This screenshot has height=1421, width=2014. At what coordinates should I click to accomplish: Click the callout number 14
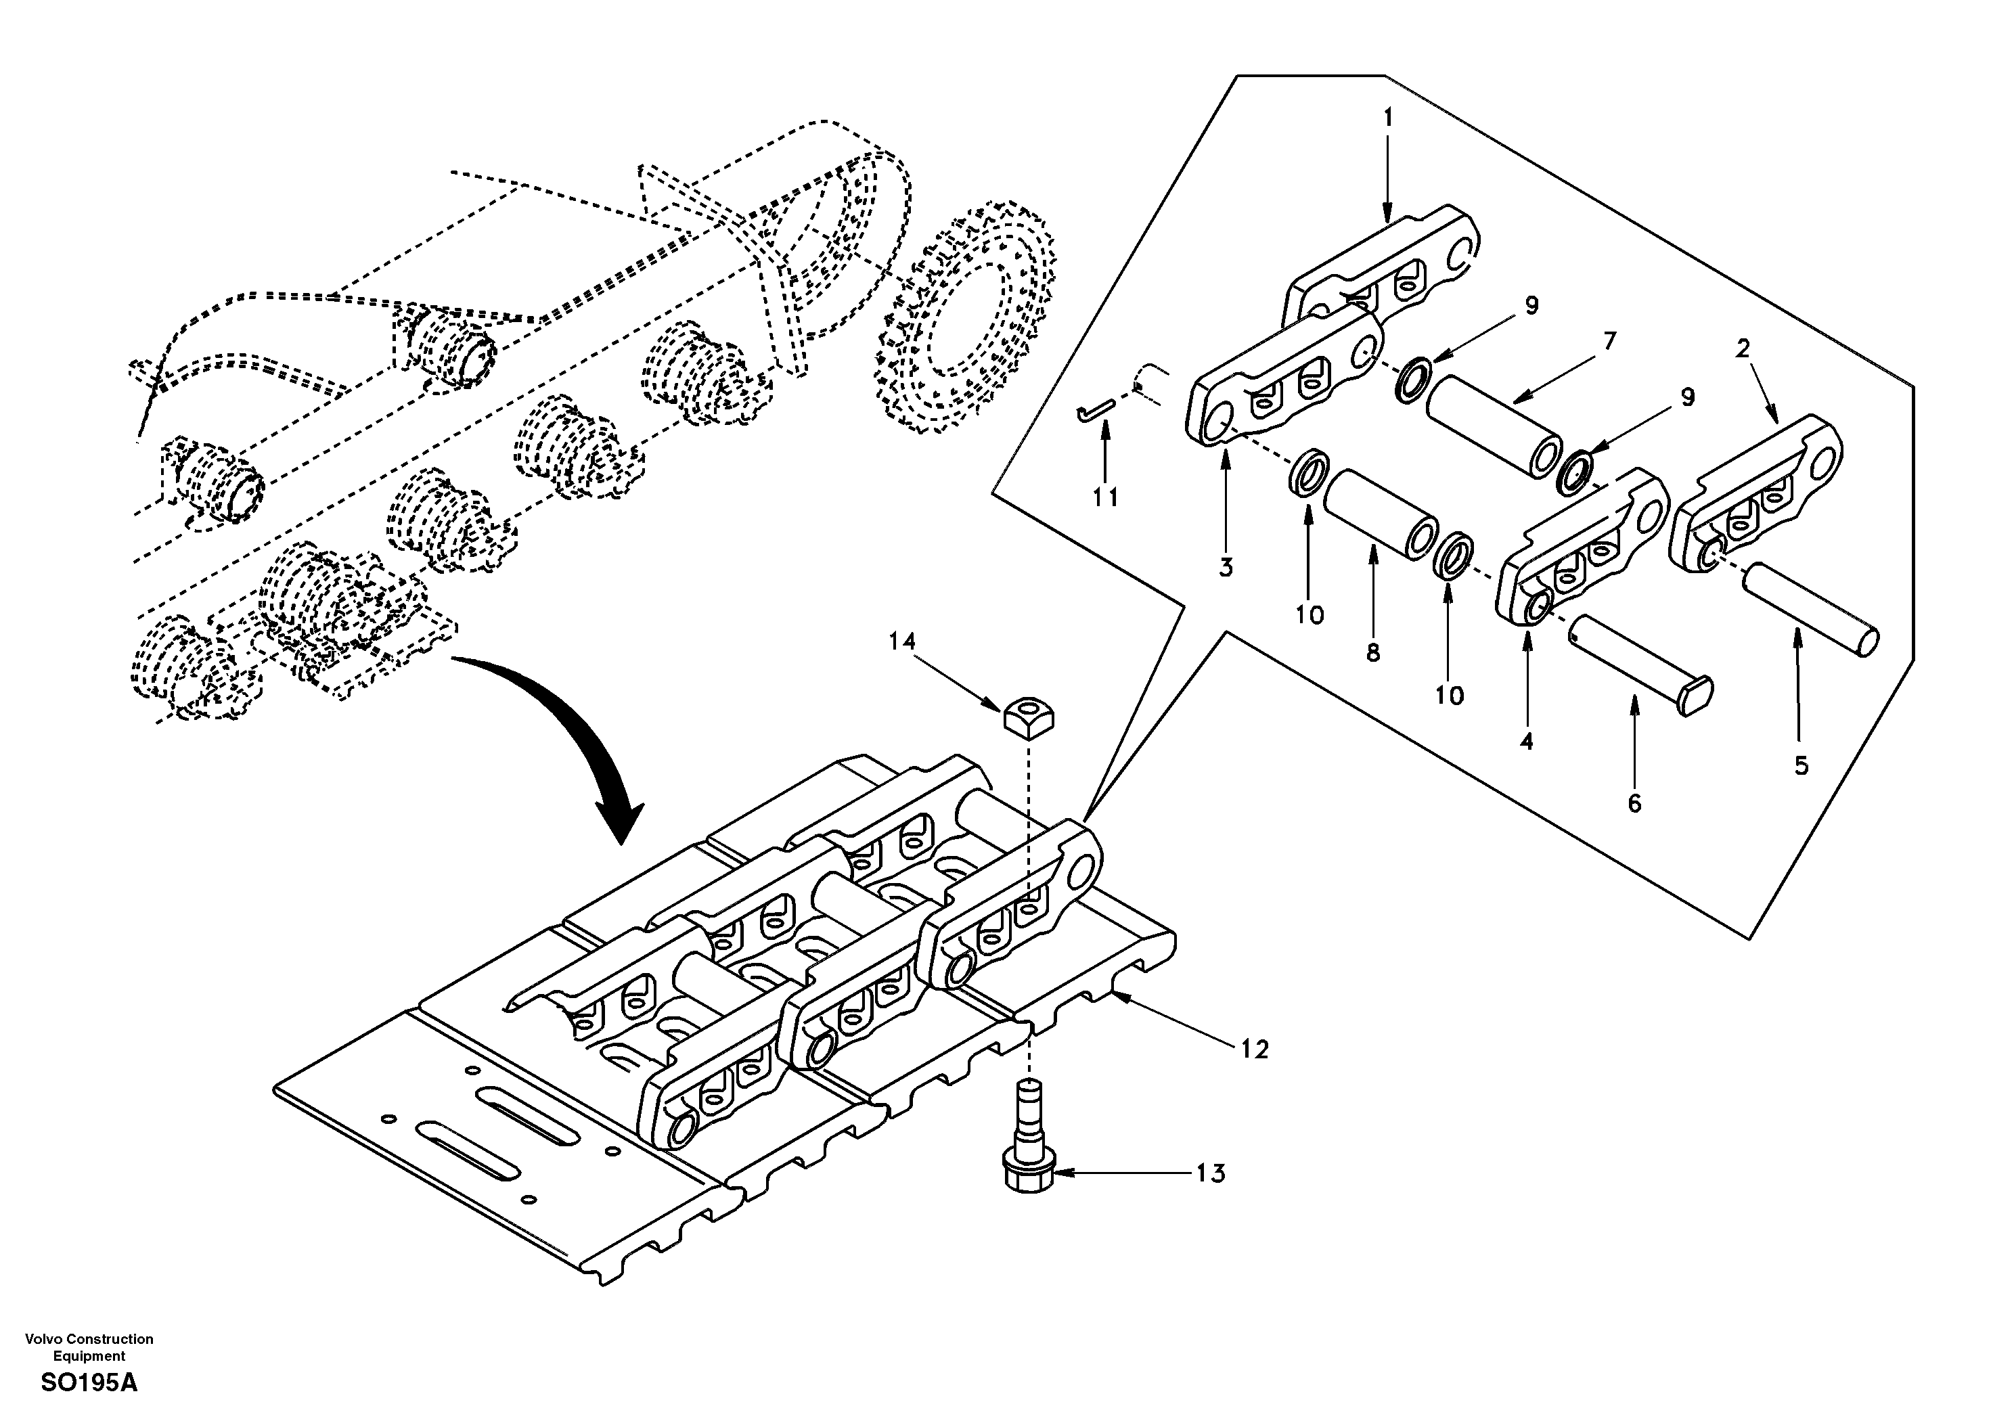tap(901, 641)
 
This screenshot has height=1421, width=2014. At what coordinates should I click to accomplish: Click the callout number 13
tap(1211, 1173)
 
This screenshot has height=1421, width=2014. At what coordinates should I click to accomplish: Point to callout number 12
tap(1255, 1049)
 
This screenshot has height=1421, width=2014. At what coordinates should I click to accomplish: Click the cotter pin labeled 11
tap(1096, 409)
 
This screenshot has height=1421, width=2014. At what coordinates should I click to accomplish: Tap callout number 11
tap(1105, 497)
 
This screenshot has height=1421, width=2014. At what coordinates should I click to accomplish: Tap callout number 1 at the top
tap(1388, 116)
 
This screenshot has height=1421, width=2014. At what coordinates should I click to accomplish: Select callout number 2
tap(1742, 348)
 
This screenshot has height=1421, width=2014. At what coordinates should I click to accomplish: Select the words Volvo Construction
tap(89, 1338)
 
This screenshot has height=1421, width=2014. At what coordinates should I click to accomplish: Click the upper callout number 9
tap(1531, 305)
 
